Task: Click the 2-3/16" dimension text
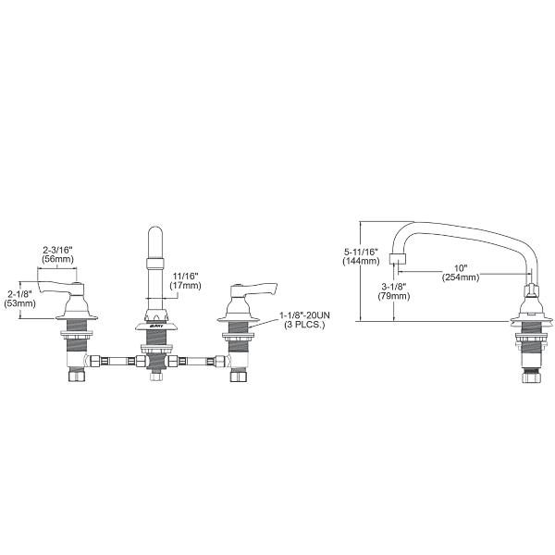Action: click(57, 250)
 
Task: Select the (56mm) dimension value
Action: click(57, 260)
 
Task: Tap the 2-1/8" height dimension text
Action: click(19, 293)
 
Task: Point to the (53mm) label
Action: click(19, 303)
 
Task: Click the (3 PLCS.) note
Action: click(302, 327)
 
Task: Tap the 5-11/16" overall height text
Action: click(361, 252)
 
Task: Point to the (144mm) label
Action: click(361, 262)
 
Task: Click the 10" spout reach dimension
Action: click(460, 267)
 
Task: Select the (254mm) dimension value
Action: click(460, 277)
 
